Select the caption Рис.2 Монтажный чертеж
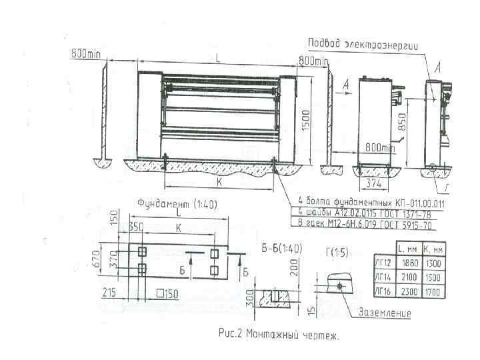[x=278, y=336]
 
